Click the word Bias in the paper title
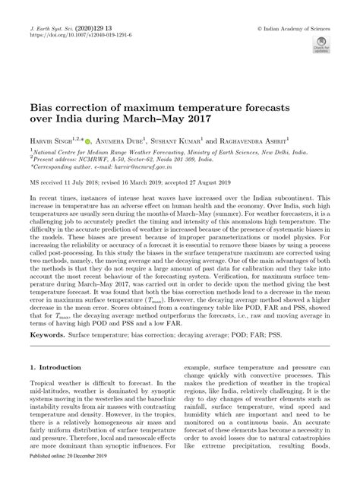41,109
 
